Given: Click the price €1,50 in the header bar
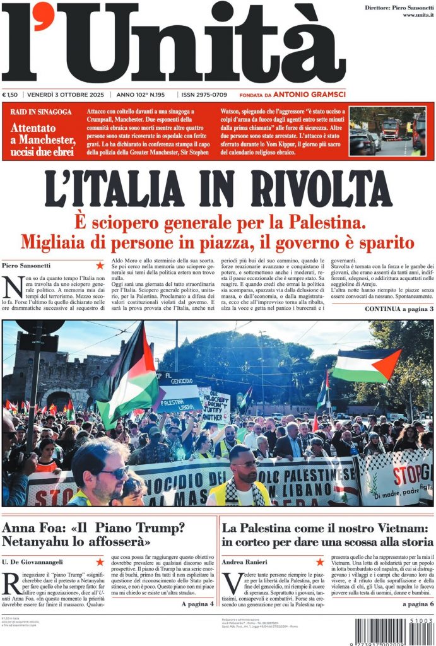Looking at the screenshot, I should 11,95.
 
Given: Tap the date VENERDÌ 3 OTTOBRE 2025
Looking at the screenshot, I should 66,95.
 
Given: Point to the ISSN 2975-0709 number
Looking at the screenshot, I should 204,95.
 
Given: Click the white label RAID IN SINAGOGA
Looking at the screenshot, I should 41,112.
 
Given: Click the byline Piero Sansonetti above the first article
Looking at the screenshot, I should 27,266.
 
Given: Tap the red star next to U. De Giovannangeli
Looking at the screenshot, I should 99,561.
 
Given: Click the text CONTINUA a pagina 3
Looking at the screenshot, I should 399,309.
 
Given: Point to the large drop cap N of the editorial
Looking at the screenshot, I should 13,288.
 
